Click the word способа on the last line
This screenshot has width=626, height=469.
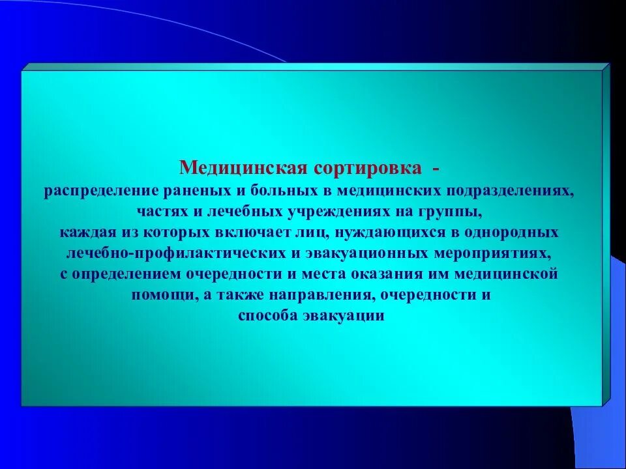point(268,315)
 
